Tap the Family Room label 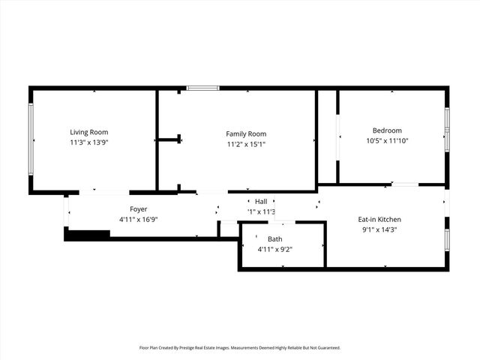(x=246, y=133)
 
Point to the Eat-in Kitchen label (x=379, y=219)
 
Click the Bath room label (x=275, y=238)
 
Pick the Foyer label (x=138, y=209)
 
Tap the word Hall (x=261, y=201)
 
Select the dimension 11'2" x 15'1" (x=246, y=144)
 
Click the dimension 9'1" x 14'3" (x=379, y=229)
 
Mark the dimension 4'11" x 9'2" (x=275, y=249)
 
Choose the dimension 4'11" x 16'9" (x=138, y=220)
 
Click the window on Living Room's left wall (x=31, y=139)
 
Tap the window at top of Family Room (x=202, y=88)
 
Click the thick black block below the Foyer (x=87, y=235)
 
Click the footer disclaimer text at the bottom (x=240, y=348)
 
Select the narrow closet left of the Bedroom (x=328, y=136)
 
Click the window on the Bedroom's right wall (x=447, y=129)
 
